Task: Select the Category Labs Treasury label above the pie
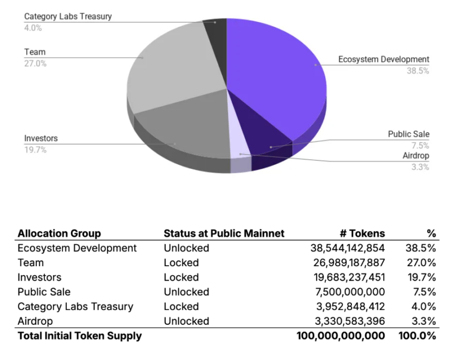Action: point(68,16)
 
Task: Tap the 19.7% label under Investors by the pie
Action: point(35,150)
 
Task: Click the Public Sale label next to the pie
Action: point(408,134)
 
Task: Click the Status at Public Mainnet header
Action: point(224,233)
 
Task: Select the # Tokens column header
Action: point(363,233)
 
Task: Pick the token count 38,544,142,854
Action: point(348,248)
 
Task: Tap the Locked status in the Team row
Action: point(181,263)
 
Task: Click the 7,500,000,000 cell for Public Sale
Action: point(351,292)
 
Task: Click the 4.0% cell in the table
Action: point(425,307)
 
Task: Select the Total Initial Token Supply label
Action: point(79,336)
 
